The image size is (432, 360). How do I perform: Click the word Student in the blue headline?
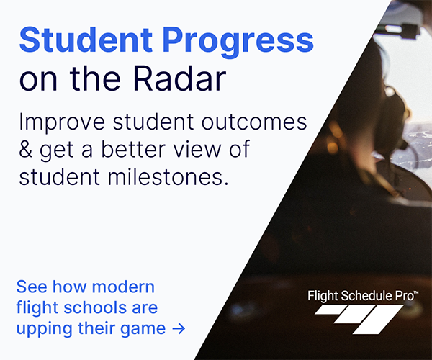pos(86,40)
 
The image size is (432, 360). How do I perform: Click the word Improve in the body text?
pos(62,122)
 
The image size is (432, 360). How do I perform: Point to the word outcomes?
pos(254,122)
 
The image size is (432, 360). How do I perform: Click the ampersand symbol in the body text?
pos(26,149)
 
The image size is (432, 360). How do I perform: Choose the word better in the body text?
pos(134,149)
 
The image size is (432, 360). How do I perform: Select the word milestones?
pos(168,176)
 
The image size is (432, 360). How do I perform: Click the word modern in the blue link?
pos(123,287)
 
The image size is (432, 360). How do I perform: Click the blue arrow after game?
pos(179,328)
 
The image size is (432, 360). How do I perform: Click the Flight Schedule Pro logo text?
pos(361,296)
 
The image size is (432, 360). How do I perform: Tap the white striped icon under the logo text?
pos(359,319)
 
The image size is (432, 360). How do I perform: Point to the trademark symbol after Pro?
pos(416,292)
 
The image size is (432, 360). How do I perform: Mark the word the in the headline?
pos(95,78)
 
